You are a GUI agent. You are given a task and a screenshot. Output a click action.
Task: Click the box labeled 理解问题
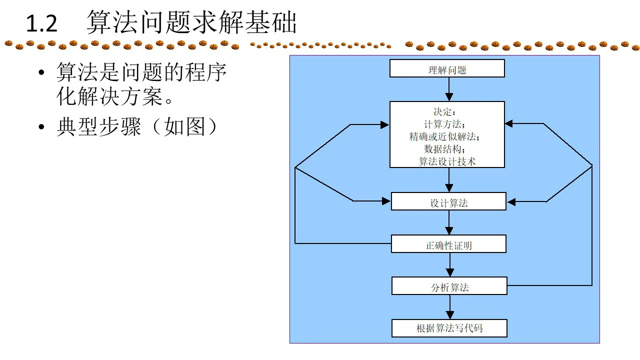click(x=447, y=69)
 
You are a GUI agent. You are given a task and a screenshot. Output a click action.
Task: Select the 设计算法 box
click(x=448, y=202)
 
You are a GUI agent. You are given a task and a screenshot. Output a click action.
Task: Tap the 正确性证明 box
click(x=448, y=244)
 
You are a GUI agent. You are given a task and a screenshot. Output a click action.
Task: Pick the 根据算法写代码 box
click(x=449, y=328)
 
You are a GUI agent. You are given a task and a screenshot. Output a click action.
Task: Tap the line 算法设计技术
click(x=447, y=161)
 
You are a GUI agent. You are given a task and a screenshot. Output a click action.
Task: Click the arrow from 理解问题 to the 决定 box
click(x=449, y=89)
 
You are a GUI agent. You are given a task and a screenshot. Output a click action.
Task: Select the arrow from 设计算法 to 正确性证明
click(x=449, y=223)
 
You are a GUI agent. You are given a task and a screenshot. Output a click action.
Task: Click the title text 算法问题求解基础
click(x=191, y=23)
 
